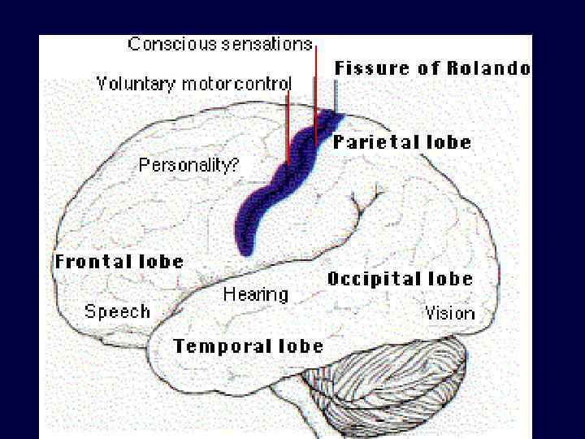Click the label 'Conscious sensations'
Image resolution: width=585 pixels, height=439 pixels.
(220, 44)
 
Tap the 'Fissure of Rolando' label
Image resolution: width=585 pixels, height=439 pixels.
(432, 68)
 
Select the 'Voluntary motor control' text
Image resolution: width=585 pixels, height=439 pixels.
(194, 83)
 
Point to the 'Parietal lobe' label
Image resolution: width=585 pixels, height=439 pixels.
(401, 142)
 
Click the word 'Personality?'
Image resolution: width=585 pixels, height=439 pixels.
(188, 165)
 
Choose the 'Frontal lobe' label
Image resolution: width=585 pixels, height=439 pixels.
(119, 262)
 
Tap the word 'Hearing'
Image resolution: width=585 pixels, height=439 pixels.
(255, 294)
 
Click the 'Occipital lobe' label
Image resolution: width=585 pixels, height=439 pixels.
(400, 279)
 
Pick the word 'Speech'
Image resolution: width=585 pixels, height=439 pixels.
(117, 311)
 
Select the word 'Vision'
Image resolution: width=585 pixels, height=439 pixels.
(449, 313)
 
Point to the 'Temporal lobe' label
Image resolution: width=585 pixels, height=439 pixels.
(248, 346)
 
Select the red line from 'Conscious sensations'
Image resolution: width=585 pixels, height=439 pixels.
(315, 89)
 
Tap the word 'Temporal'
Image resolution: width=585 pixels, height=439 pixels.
(214, 346)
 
